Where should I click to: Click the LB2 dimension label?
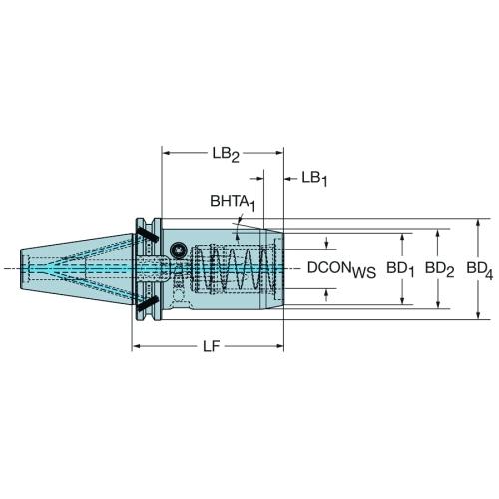[226, 155]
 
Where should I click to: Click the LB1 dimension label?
[314, 179]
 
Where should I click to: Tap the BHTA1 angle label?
[233, 203]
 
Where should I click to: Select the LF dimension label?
[212, 346]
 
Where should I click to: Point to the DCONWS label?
[341, 269]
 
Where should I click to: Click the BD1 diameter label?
[400, 269]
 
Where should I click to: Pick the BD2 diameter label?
[440, 269]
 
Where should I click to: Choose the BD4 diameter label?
[480, 269]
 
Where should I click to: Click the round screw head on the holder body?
[177, 249]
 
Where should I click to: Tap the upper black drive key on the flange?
[147, 234]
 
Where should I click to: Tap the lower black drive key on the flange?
[147, 304]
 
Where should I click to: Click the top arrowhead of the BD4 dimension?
[478, 223]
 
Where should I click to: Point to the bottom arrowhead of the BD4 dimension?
[478, 315]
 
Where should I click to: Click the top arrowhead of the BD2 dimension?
[438, 234]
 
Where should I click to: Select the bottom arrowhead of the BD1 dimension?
[402, 300]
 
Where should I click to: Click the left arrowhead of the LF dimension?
[137, 346]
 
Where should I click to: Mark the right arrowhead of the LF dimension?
[278, 346]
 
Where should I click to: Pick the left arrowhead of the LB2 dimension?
[166, 153]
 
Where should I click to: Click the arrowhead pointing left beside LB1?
[288, 179]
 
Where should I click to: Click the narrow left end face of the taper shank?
[21, 268]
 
